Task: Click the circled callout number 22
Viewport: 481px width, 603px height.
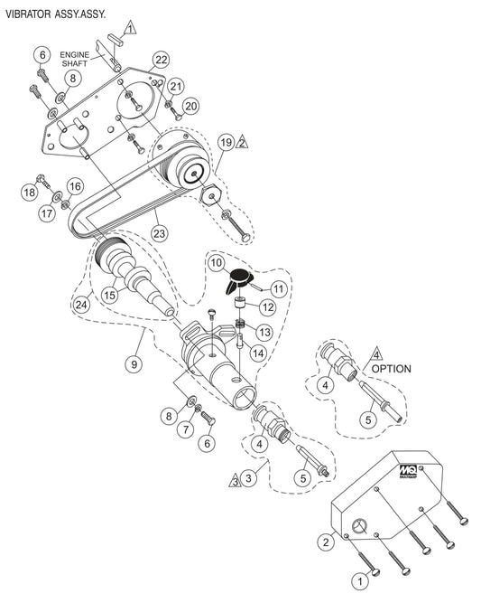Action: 162,60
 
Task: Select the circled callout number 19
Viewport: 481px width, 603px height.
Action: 227,143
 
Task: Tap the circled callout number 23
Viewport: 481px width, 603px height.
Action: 159,233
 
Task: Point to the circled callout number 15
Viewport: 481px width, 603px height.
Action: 110,295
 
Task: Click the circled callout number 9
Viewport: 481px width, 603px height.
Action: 134,363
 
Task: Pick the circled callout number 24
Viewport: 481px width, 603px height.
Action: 80,305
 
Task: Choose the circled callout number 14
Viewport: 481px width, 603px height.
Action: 258,353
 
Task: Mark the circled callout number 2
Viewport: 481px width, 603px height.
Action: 326,542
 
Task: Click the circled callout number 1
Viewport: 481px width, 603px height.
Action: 360,581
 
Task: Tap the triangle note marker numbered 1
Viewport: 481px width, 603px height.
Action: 130,28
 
